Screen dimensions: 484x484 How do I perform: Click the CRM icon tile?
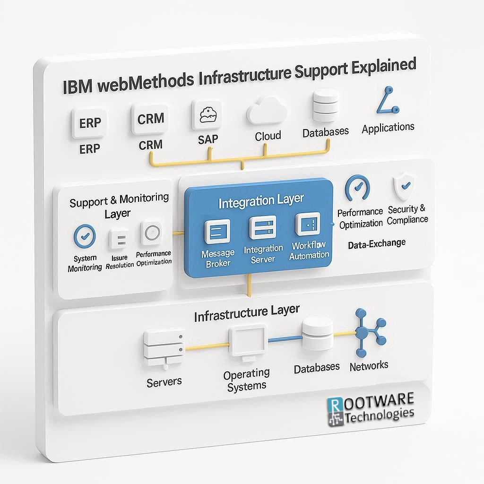click(151, 119)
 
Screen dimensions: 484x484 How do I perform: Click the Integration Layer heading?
click(261, 201)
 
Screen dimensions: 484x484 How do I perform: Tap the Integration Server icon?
click(263, 228)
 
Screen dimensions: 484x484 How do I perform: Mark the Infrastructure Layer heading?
click(246, 312)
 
